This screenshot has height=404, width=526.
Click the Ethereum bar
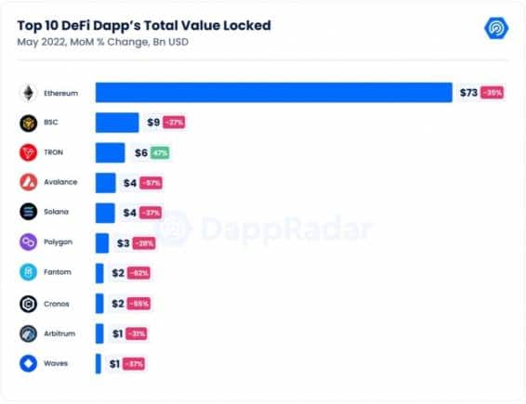click(x=273, y=93)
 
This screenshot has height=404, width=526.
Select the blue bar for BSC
click(x=117, y=123)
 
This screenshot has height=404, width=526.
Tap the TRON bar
click(x=110, y=153)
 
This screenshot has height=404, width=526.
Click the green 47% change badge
click(x=160, y=153)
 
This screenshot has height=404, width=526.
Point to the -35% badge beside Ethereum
click(x=493, y=93)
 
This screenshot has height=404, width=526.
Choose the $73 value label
click(x=467, y=93)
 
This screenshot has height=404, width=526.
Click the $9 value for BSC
click(x=152, y=123)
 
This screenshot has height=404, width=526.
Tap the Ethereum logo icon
click(x=28, y=93)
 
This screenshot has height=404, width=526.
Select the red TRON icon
click(x=28, y=153)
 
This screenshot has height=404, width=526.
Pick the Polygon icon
click(x=28, y=242)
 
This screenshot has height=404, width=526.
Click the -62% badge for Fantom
click(x=138, y=273)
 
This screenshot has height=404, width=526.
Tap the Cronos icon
click(x=28, y=303)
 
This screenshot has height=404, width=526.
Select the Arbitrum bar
click(x=99, y=332)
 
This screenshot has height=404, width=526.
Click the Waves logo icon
click(x=28, y=363)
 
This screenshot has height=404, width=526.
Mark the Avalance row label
click(x=62, y=183)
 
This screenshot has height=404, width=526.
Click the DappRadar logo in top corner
click(x=496, y=28)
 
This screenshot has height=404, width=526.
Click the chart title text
click(x=144, y=25)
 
